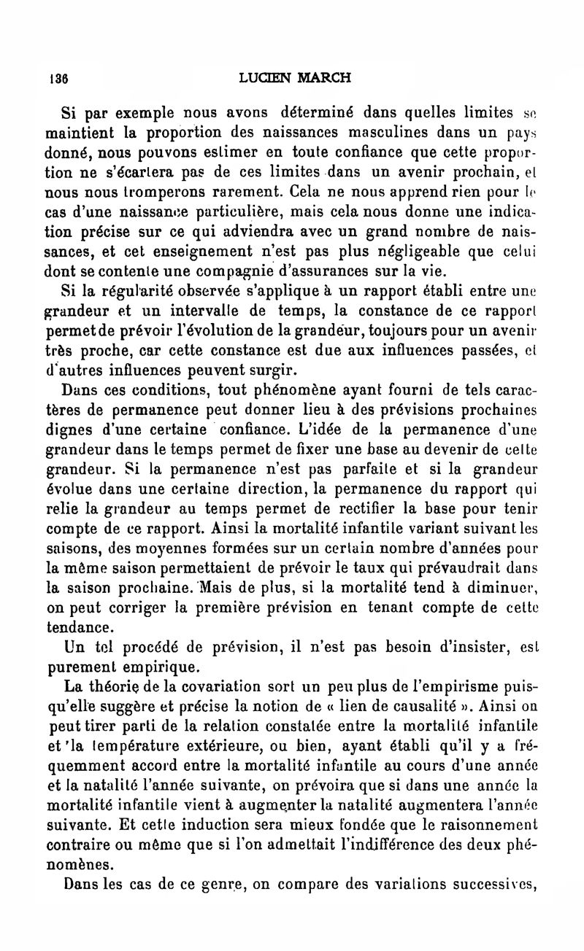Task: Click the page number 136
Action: (58, 78)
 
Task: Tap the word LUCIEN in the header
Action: (267, 77)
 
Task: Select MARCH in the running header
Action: (324, 77)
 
